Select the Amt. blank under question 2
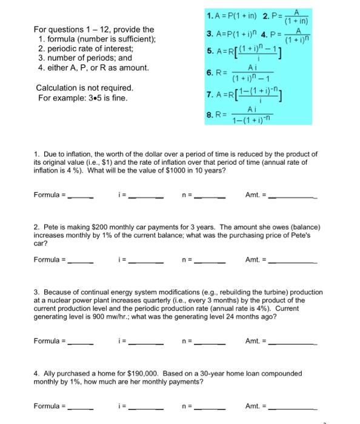click(293, 261)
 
